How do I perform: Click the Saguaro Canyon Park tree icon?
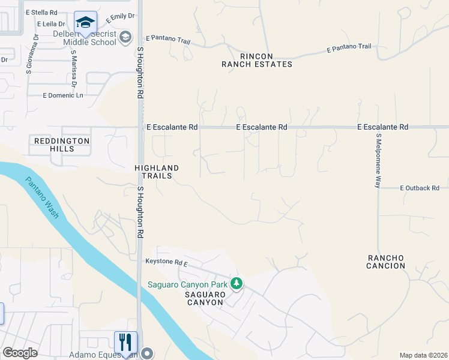point(237,283)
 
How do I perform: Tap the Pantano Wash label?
point(42,197)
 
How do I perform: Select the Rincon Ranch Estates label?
point(256,59)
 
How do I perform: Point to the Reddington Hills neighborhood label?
point(62,145)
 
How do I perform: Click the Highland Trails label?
point(157,172)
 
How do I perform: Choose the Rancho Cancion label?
point(386,262)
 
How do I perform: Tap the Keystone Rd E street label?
point(167,263)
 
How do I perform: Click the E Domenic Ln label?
point(63,95)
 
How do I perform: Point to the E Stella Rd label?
point(41,12)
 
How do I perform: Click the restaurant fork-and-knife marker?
point(125,342)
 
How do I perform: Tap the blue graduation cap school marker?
point(85,23)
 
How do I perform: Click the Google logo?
point(20,353)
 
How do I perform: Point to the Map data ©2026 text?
point(423,355)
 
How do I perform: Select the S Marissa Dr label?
point(74,68)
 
